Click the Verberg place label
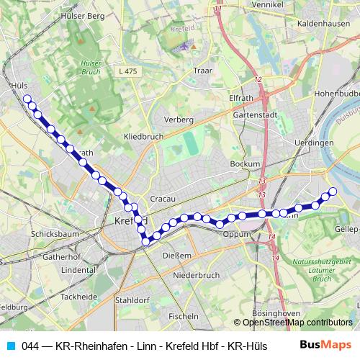point(179,119)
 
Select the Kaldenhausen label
point(323,24)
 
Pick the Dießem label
point(176,255)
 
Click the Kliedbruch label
point(143,135)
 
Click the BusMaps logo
point(325,345)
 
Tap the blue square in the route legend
point(11,346)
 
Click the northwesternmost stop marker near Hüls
point(27,99)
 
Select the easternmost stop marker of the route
point(333,191)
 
